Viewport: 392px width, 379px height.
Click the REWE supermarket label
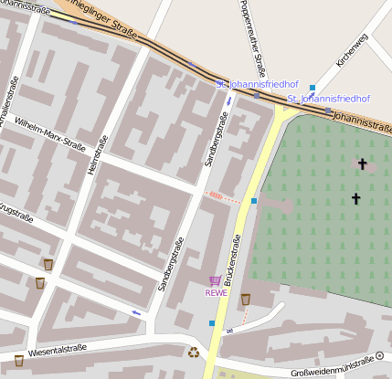216,293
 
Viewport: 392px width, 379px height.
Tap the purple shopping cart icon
215,281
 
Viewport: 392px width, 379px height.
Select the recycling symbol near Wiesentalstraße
194,352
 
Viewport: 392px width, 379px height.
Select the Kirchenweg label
352,50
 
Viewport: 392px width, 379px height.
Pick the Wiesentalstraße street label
57,349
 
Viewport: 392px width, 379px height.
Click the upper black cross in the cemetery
362,164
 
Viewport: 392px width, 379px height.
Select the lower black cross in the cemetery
355,198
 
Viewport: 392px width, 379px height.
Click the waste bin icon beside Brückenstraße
246,300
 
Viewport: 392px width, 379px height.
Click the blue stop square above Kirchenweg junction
313,88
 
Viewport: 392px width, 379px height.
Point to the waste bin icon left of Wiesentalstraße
19,360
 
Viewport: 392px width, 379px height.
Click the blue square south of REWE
212,323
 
